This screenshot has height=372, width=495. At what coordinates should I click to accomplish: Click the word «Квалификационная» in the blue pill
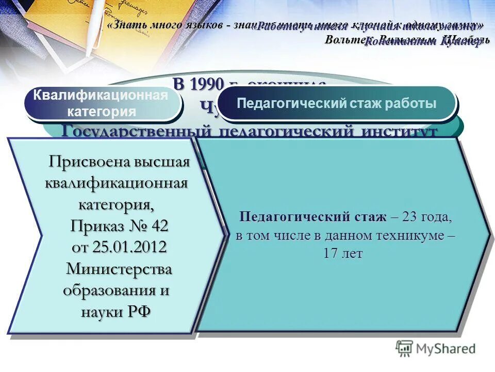(x=101, y=95)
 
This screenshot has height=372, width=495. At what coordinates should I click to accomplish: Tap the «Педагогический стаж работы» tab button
(x=337, y=103)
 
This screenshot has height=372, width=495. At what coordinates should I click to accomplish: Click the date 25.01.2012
(x=129, y=247)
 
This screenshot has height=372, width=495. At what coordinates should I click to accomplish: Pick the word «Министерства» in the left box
(x=119, y=269)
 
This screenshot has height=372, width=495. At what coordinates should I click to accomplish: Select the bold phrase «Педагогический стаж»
(x=312, y=217)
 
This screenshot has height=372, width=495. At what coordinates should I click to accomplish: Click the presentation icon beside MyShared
(x=404, y=348)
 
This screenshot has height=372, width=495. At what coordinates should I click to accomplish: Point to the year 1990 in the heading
(x=205, y=84)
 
